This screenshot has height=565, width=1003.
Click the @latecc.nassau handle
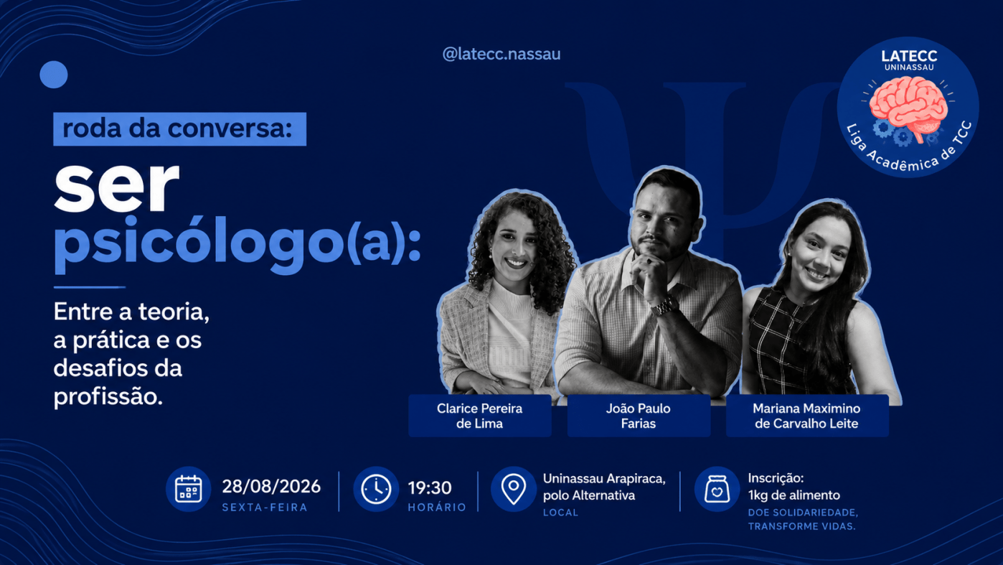[x=501, y=55]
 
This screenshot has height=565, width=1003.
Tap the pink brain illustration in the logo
[x=908, y=108]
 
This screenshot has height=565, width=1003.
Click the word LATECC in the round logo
[x=909, y=56]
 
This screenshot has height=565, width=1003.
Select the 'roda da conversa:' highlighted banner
[x=179, y=129]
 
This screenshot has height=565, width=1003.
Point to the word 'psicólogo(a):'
[x=237, y=244]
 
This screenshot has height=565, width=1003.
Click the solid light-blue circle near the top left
[x=54, y=75]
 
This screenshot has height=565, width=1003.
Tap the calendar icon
[x=188, y=489]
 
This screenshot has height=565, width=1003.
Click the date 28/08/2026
[x=271, y=487]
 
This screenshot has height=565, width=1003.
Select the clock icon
[x=376, y=489]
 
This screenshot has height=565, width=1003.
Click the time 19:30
[x=430, y=487]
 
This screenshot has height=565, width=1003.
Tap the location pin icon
[x=514, y=489]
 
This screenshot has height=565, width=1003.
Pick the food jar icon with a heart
[x=717, y=489]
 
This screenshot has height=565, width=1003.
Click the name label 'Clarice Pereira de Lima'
[x=479, y=416]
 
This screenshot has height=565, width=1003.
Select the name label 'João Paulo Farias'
[x=639, y=416]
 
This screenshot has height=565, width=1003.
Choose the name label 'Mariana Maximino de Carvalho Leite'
[x=807, y=416]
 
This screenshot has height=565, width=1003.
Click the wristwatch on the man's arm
[x=666, y=307]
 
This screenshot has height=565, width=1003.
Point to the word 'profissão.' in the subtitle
[x=108, y=397]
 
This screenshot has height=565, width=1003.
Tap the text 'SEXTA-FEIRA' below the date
[x=265, y=507]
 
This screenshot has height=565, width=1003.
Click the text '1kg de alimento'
[x=794, y=495]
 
